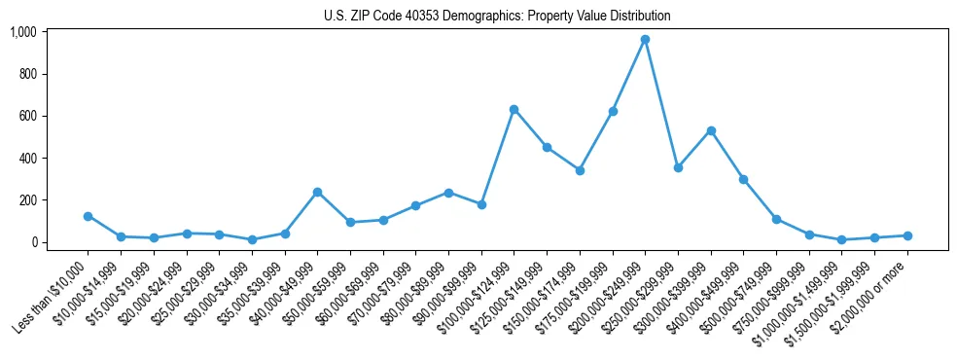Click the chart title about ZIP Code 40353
tap(497, 16)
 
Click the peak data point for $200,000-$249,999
tap(645, 40)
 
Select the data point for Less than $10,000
tap(88, 216)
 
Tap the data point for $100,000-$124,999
tap(514, 109)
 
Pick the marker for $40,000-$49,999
tap(317, 193)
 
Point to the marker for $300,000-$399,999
tap(711, 130)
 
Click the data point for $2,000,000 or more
tap(907, 235)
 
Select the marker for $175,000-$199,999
tap(613, 111)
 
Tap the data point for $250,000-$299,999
tap(678, 167)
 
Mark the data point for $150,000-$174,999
tap(580, 170)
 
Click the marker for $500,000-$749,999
tap(776, 219)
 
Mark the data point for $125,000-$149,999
tap(547, 148)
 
